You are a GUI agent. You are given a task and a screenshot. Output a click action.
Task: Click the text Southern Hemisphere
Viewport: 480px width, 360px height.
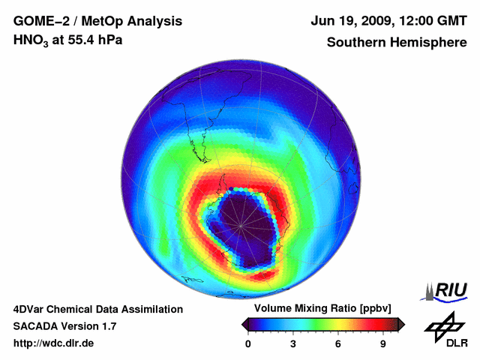point(396,42)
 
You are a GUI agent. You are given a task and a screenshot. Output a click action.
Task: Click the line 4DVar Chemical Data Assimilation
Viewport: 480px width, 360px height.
point(97,309)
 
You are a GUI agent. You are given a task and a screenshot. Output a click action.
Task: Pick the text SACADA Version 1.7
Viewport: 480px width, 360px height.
point(64,326)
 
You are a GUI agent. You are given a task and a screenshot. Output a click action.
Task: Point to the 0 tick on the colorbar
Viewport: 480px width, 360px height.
point(248,343)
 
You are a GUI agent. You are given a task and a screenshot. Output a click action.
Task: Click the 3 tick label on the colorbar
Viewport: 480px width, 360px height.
point(293,343)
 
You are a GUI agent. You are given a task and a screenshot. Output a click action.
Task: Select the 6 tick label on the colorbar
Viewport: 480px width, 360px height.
point(338,343)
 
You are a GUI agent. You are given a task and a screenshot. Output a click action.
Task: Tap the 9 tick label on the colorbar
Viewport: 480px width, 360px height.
point(383,343)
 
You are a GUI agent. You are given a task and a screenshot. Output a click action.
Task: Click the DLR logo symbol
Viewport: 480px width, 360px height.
point(443,325)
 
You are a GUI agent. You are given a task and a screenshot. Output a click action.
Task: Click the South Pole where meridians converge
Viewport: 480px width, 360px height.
point(241,224)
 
